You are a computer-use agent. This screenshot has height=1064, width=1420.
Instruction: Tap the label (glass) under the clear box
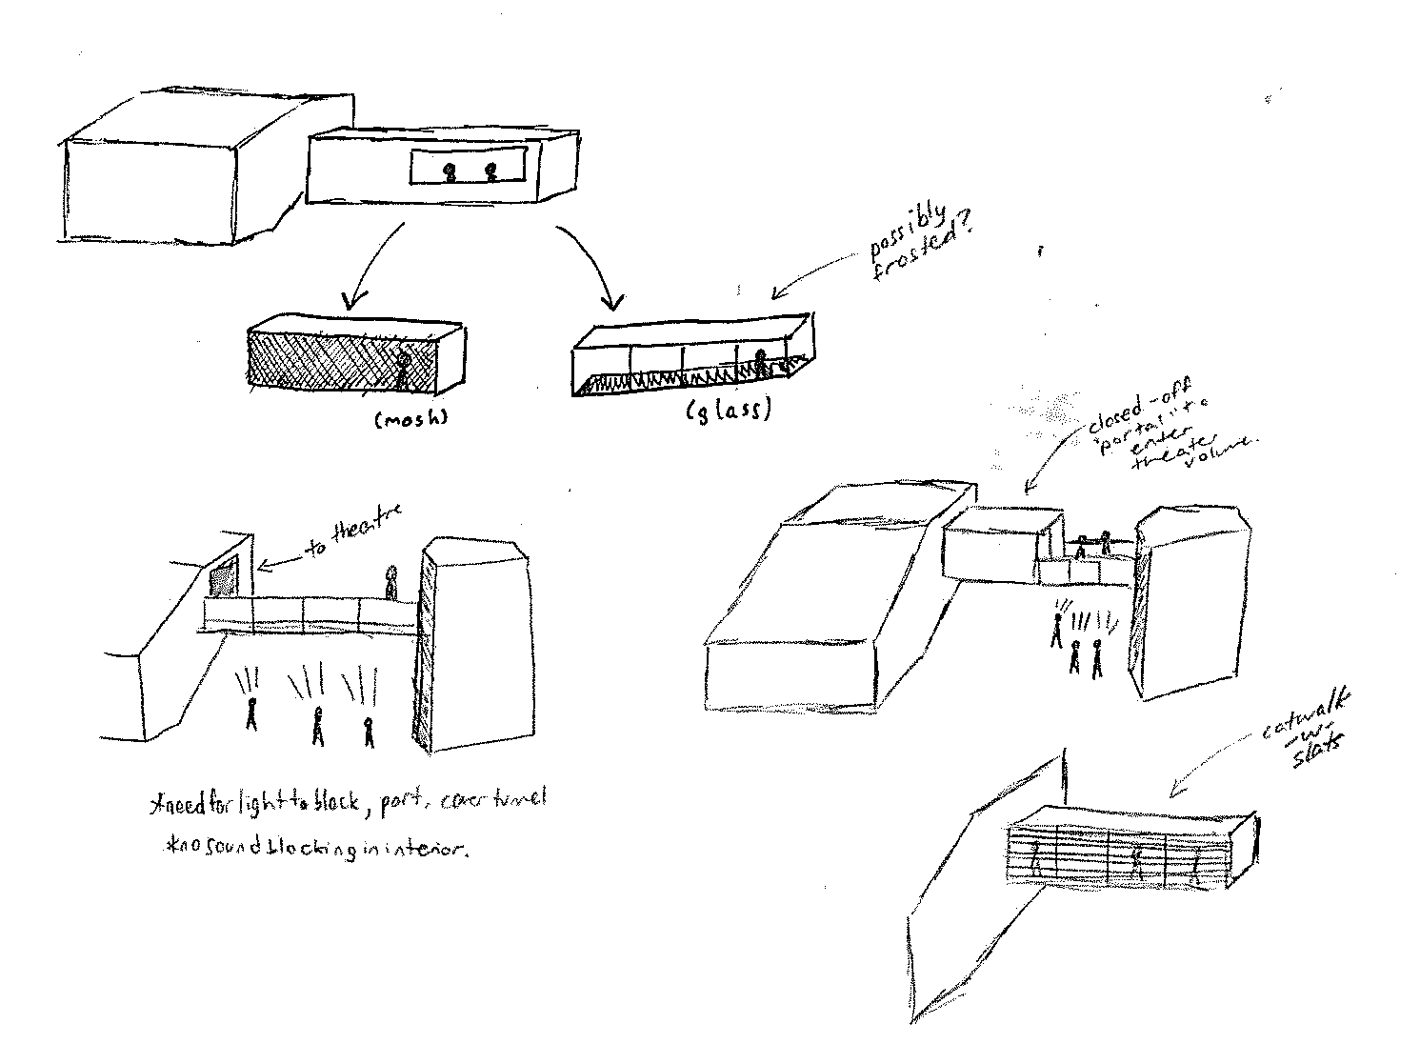729,411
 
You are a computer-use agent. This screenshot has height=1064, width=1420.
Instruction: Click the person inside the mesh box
403,371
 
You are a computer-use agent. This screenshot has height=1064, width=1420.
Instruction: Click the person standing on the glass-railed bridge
390,582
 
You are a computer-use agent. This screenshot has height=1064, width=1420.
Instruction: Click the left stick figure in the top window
448,172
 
